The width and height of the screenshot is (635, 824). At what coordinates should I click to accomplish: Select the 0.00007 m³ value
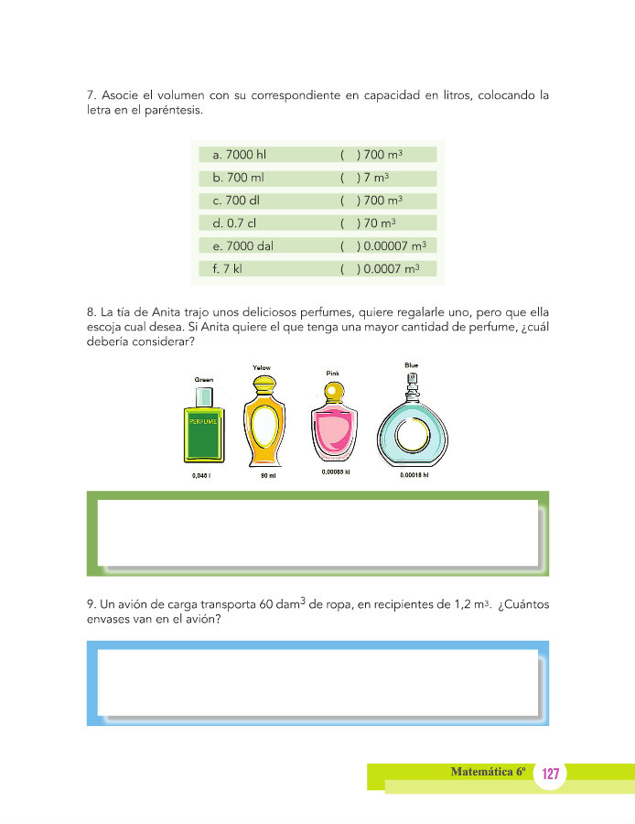click(394, 245)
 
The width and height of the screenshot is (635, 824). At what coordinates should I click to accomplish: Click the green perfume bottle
click(203, 426)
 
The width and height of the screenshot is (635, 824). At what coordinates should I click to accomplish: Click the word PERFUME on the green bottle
click(203, 422)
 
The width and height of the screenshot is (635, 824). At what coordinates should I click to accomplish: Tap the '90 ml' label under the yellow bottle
click(267, 476)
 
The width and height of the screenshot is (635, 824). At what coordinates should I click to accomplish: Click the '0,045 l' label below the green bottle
click(202, 476)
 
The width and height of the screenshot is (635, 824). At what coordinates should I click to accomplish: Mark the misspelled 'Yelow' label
click(261, 368)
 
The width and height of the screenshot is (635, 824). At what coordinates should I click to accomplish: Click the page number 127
click(550, 775)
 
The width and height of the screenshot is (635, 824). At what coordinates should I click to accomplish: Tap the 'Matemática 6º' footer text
click(488, 772)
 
